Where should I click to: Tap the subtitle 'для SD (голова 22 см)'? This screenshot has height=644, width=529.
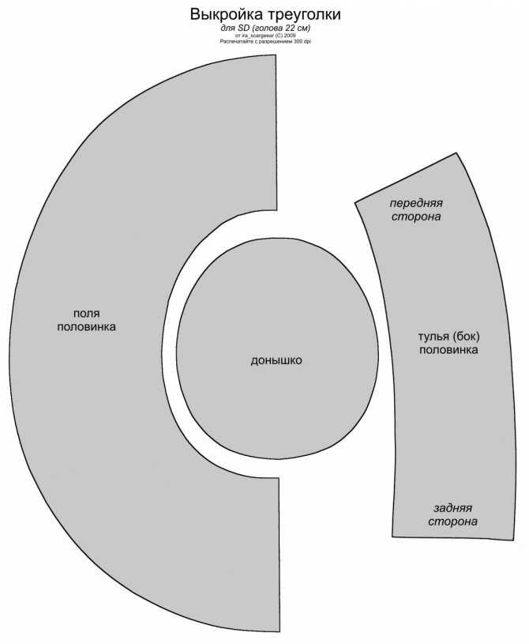click(265, 28)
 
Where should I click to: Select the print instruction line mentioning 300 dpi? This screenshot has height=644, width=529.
click(265, 41)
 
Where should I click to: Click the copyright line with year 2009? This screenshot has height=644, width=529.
click(265, 36)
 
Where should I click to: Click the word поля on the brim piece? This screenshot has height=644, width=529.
click(87, 314)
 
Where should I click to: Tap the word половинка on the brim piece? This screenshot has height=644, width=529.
click(87, 327)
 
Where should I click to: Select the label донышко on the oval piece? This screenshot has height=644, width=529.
click(276, 360)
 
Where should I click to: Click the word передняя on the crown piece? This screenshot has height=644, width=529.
click(416, 203)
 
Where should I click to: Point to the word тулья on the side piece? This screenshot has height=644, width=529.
click(433, 337)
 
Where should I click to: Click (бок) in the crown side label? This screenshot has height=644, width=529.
click(466, 337)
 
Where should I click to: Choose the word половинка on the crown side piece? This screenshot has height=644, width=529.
click(448, 350)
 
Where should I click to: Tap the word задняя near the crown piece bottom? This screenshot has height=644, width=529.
click(452, 508)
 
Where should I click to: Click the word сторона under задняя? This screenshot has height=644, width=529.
click(452, 522)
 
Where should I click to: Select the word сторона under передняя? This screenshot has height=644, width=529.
click(416, 217)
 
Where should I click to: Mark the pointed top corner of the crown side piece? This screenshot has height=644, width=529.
click(456, 153)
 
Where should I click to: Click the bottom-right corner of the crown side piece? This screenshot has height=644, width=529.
click(513, 540)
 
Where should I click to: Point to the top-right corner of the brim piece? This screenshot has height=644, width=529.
click(276, 55)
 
